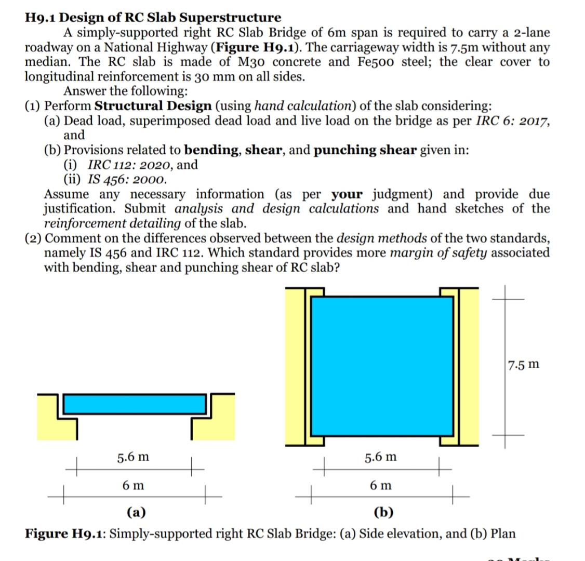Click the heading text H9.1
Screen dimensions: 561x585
42,18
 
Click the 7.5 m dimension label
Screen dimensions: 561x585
524,364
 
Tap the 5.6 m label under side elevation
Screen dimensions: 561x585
132,457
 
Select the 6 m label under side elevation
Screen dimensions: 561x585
134,486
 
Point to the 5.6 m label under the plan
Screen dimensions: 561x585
380,457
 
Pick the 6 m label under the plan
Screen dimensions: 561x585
381,486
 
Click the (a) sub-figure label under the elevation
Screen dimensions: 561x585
136,513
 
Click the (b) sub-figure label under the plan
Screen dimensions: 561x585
383,513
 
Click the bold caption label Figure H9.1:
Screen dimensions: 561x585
67,533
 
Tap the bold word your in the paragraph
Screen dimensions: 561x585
347,194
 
